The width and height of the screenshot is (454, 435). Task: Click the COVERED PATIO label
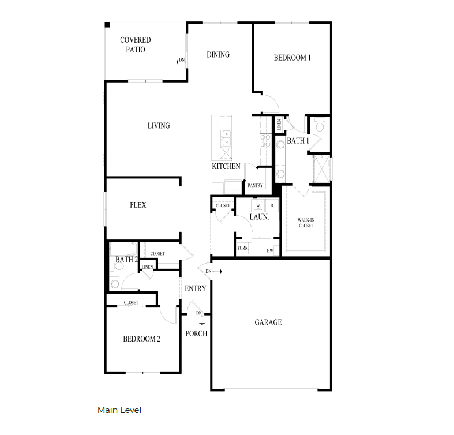pos(136,45)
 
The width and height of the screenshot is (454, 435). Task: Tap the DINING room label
pos(218,55)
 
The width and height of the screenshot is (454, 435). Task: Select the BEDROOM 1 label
pos(292,58)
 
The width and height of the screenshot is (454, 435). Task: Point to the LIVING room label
pos(158,126)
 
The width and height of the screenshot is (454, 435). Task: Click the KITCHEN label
pos(226,167)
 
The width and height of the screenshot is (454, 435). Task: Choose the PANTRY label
pos(255,186)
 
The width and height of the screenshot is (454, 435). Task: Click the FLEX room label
pos(138,205)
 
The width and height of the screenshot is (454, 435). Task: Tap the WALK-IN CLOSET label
pos(306,223)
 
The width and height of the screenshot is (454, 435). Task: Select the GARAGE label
pos(268,322)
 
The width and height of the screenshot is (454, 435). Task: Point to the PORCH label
pos(196,333)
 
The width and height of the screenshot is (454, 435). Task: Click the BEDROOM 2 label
pos(141,339)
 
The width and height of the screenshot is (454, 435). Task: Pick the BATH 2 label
pos(126,260)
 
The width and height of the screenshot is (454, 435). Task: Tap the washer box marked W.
pos(258,205)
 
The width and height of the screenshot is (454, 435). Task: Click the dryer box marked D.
pos(272,205)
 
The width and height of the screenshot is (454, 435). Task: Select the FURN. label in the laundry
pos(243,249)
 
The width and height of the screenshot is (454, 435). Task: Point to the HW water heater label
pos(269,251)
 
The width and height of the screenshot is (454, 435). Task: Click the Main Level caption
pos(119,410)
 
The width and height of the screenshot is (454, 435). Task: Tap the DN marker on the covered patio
pos(181,60)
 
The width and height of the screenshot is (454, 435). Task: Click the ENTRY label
pos(195,288)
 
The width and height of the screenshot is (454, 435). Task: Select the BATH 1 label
pos(298,141)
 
